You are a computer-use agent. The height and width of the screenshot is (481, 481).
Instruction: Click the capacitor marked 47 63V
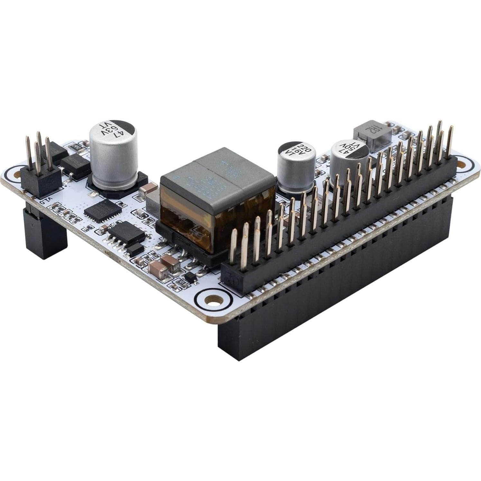114,154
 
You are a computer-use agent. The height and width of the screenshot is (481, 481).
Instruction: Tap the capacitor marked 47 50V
349,162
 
